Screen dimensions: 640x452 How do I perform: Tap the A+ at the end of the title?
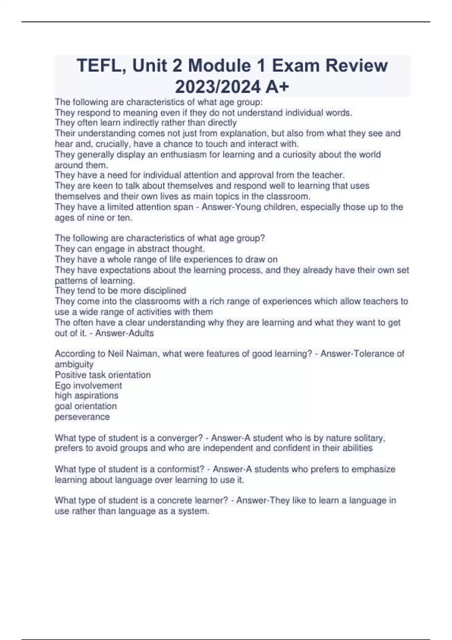277,87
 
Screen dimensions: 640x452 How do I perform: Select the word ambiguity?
74,364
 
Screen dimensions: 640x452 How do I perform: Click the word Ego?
63,386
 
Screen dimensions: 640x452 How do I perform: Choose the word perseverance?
82,417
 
